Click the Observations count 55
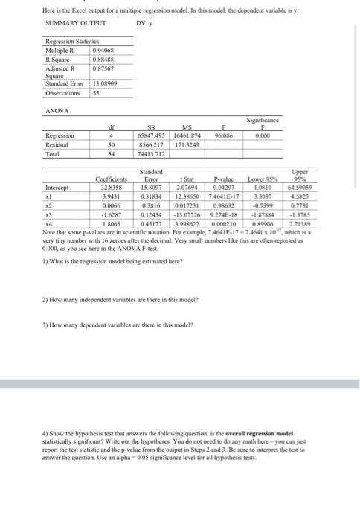coord(95,93)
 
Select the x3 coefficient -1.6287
coord(113,212)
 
